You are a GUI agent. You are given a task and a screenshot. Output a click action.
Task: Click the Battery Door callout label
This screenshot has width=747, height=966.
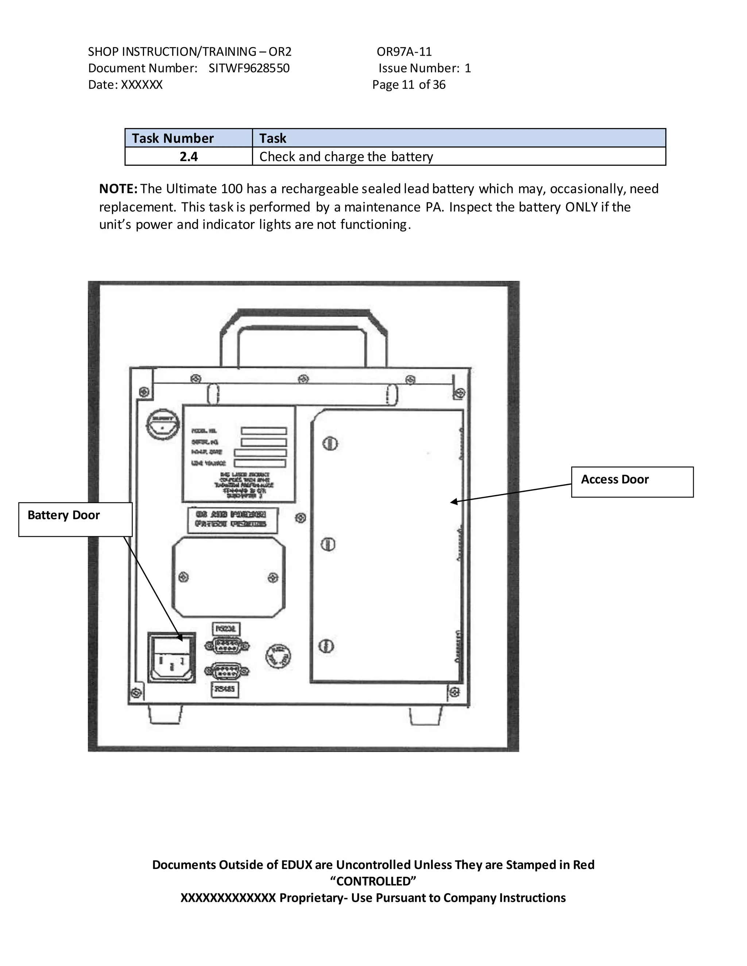pos(64,515)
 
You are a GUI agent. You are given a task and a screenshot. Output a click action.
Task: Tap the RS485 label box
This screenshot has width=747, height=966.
pos(225,689)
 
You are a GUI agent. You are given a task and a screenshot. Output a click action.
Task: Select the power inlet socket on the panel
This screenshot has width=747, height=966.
pos(172,658)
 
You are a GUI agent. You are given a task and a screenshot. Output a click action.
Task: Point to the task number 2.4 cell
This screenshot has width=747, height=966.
pos(189,157)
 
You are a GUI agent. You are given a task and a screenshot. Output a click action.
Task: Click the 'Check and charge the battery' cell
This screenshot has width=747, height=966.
pos(346,157)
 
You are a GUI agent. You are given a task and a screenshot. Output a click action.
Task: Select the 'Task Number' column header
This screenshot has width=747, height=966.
pos(173,138)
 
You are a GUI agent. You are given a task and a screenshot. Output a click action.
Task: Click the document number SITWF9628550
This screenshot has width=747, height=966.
pos(249,68)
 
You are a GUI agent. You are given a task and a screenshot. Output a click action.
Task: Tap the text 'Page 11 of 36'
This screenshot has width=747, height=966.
pos(409,85)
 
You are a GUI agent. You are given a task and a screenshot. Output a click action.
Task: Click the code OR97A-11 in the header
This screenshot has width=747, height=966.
pos(404,52)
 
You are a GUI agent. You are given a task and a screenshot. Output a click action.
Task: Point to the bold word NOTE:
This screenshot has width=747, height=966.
pos(118,189)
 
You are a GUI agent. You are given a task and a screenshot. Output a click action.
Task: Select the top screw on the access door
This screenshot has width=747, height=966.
pos(330,443)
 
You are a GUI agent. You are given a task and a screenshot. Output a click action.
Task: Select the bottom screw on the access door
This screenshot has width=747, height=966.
pos(326,646)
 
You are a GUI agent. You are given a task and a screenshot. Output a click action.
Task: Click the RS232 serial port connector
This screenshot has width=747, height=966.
pos(227,646)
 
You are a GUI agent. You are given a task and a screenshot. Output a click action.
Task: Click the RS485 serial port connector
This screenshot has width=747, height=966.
pos(227,671)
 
